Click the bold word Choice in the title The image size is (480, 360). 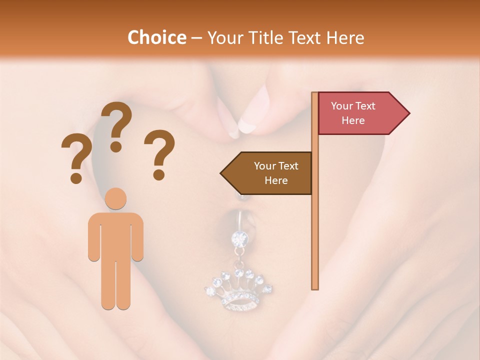(156, 38)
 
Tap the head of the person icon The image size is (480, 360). (116, 198)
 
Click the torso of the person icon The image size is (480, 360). (116, 235)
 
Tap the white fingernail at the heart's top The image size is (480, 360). (246, 123)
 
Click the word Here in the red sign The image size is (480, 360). (353, 120)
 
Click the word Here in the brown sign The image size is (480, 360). (276, 180)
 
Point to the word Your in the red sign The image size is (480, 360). (342, 106)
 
